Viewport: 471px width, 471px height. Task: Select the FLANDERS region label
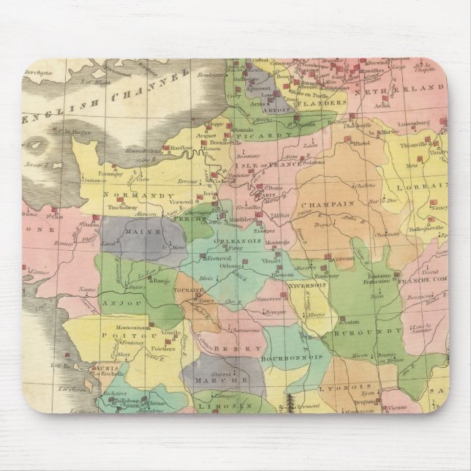(323, 103)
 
